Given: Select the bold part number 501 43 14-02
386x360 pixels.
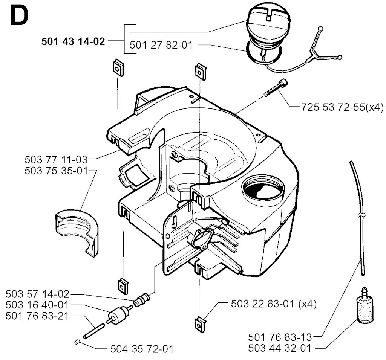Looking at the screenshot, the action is [73, 41].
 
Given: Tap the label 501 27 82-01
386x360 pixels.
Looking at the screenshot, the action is [161, 45].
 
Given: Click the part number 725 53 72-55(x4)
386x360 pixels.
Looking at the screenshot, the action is [342, 107].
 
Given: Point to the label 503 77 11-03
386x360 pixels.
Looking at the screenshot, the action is [56, 160].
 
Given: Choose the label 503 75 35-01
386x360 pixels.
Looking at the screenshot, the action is [56, 171].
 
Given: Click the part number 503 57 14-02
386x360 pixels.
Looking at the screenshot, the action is [37, 294].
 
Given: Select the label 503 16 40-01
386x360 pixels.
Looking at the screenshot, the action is [37, 305].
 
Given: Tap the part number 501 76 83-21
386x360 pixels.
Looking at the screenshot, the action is [37, 316].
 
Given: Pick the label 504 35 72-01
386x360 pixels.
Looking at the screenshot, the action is [142, 349].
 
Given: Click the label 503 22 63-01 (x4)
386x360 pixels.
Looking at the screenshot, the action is [274, 304].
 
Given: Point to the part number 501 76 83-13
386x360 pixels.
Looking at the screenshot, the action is [280, 337].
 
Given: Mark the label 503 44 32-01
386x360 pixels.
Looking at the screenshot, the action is [280, 348].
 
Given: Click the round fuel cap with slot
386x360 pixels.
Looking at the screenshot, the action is [268, 29].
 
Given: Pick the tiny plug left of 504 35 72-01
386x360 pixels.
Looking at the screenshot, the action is [77, 342].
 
